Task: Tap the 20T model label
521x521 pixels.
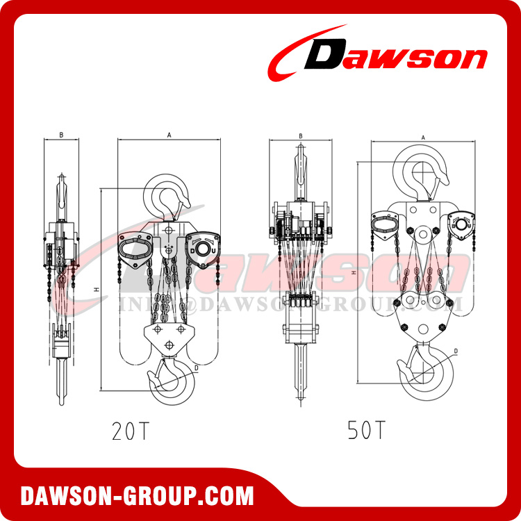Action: click(x=130, y=431)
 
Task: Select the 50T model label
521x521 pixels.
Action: click(x=366, y=431)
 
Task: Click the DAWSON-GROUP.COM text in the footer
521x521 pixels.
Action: click(x=137, y=496)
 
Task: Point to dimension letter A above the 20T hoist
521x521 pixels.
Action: click(x=169, y=135)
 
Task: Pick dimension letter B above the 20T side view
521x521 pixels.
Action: click(x=62, y=135)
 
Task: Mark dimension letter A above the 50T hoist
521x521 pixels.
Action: click(x=423, y=138)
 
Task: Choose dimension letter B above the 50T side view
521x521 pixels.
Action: click(x=300, y=137)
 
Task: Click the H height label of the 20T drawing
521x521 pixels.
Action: click(x=98, y=288)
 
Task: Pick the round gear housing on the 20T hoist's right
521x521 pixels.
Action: click(x=204, y=249)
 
